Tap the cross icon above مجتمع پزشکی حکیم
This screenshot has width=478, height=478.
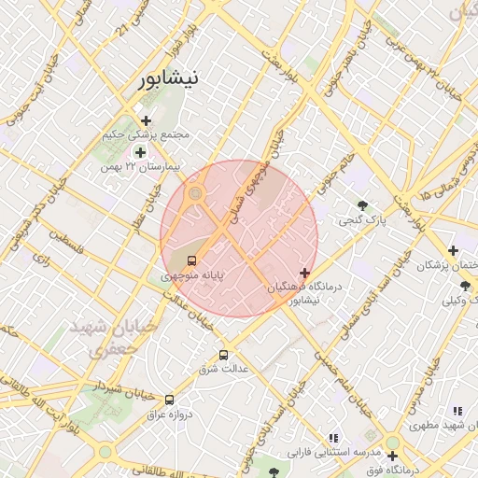(x=146, y=119)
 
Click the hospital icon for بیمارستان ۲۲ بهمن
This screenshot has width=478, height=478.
(x=140, y=152)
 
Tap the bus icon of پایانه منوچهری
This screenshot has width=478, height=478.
(x=191, y=260)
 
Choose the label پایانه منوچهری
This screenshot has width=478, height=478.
(x=191, y=276)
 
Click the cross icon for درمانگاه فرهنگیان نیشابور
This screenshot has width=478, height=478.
(x=304, y=273)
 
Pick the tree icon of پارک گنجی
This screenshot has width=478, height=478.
(x=362, y=205)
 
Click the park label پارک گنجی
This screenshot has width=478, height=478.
(x=361, y=221)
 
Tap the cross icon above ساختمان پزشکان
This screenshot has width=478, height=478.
(x=453, y=250)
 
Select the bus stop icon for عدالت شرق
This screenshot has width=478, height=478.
(x=222, y=355)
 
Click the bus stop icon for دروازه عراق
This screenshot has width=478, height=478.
(x=169, y=400)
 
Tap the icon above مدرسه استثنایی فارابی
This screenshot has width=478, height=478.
(x=334, y=437)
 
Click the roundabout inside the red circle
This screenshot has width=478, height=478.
(x=195, y=193)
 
